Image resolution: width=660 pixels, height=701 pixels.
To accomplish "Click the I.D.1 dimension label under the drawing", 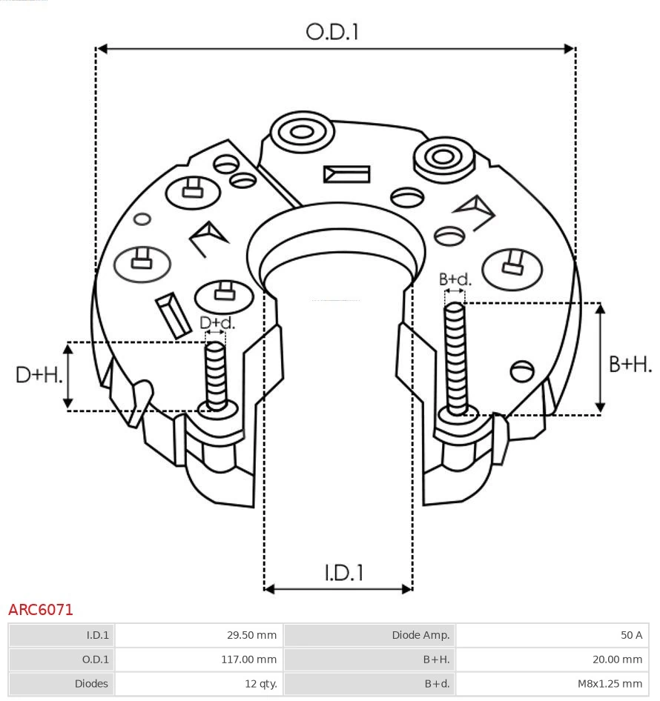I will point(343,572).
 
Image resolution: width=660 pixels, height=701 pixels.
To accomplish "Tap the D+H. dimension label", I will point(39,375).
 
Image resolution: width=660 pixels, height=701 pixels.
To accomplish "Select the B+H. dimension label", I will point(630,364).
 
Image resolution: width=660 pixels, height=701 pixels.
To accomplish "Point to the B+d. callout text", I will point(455,279).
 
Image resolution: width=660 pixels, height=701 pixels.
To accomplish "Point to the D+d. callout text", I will point(217,322).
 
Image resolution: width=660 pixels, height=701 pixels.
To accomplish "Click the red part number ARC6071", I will point(41,610).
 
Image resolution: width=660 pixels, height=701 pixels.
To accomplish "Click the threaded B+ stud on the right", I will point(455,356).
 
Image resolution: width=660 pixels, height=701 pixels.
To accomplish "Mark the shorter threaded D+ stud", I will point(216,374).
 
